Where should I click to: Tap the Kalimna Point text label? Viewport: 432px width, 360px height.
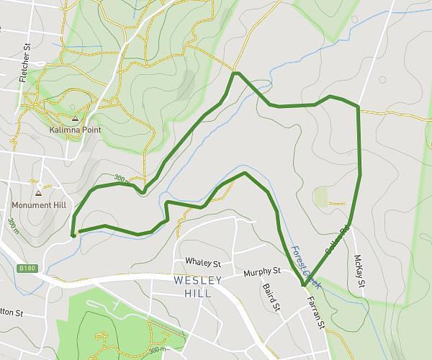click(x=75, y=130)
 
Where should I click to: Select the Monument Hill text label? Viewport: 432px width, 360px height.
click(x=40, y=205)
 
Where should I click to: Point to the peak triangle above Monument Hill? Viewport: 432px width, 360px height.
click(x=39, y=194)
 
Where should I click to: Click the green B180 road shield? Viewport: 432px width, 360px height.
click(x=27, y=268)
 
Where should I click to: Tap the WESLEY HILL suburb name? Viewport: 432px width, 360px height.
click(x=192, y=287)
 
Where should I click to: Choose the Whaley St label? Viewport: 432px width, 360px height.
click(x=201, y=261)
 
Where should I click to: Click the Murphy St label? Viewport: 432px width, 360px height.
click(x=261, y=272)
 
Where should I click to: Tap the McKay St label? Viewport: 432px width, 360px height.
click(x=359, y=273)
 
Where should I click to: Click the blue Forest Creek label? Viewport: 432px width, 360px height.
click(x=303, y=266)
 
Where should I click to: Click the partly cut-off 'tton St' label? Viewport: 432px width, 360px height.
click(x=12, y=314)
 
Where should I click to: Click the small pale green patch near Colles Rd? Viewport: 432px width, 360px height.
click(x=320, y=196)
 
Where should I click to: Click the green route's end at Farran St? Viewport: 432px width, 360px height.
click(x=303, y=286)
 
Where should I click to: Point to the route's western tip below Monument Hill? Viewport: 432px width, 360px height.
click(x=73, y=233)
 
